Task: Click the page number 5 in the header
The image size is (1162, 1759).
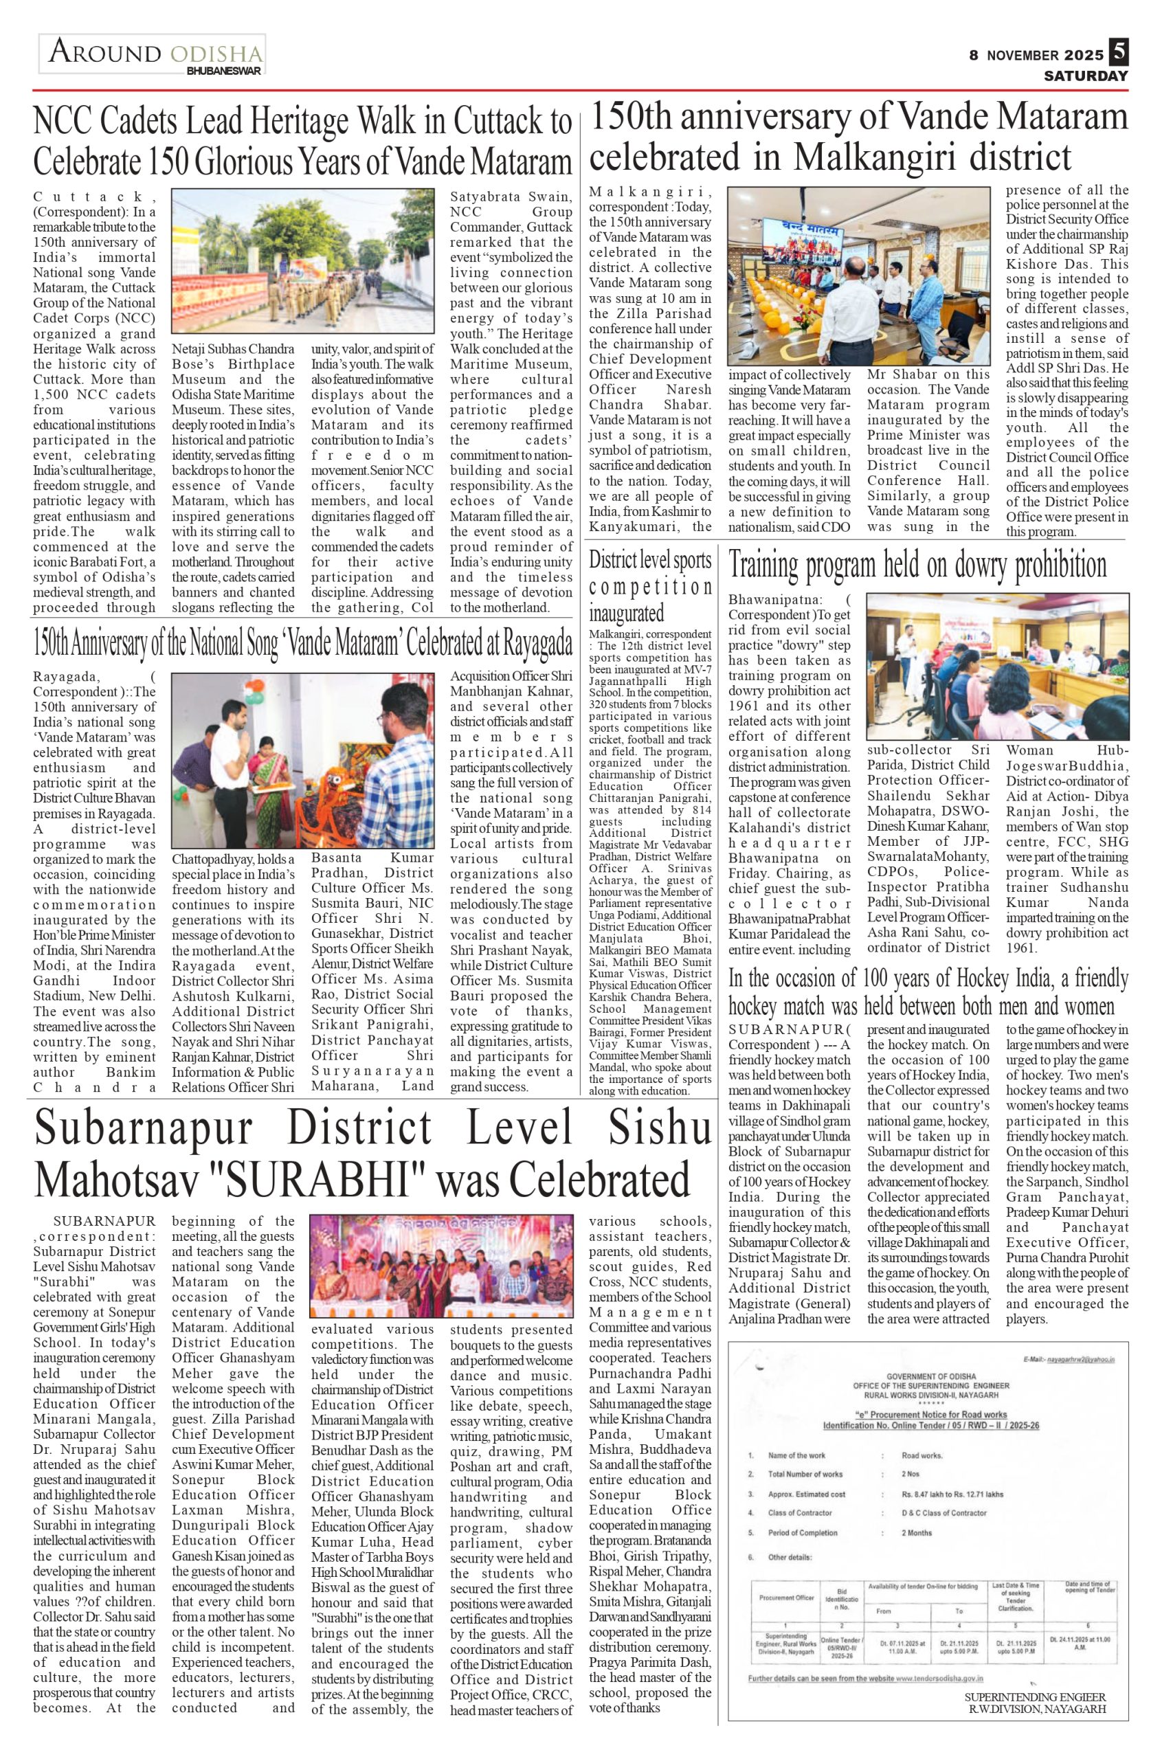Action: [1118, 52]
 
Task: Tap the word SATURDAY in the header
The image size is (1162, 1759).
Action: [1086, 76]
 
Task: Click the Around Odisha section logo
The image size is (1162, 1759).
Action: [153, 55]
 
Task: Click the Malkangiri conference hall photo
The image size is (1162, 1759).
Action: [859, 276]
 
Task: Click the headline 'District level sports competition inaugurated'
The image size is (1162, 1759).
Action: [650, 587]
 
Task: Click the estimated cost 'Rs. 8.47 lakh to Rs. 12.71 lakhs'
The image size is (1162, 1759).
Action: [952, 1494]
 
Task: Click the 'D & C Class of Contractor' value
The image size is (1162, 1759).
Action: [943, 1513]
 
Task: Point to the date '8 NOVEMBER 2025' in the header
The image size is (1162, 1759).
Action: [1036, 56]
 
